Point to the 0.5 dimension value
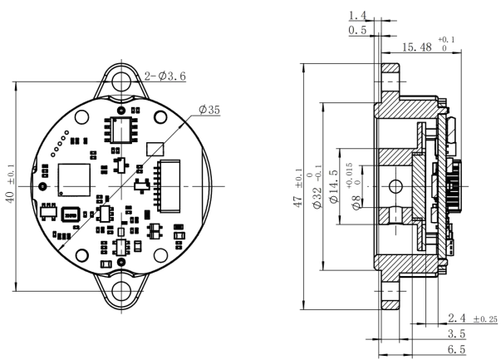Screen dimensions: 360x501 pos(358,30)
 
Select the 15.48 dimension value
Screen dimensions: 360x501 pos(416,47)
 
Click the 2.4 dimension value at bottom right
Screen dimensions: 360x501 pos(458,318)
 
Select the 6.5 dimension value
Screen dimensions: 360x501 pos(456,349)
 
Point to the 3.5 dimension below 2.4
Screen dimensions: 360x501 pos(458,333)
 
